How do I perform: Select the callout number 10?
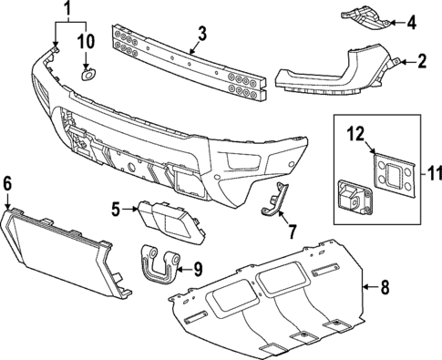click(x=87, y=41)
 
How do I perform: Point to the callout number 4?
click(x=411, y=21)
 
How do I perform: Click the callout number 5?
click(x=117, y=210)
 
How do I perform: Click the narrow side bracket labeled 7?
click(x=274, y=200)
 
